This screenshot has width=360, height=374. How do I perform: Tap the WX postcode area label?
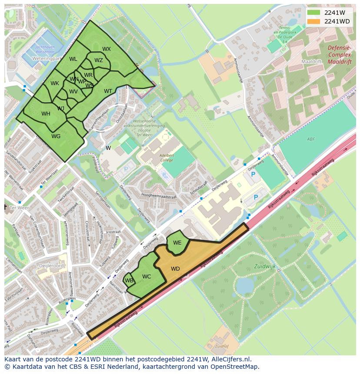pyautogui.click(x=107, y=49)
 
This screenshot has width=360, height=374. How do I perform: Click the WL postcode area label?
pyautogui.click(x=73, y=59)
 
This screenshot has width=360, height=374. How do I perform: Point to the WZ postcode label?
pyautogui.click(x=99, y=60)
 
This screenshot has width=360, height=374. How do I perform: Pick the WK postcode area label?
pyautogui.click(x=54, y=83)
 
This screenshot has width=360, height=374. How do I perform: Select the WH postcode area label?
pyautogui.click(x=46, y=114)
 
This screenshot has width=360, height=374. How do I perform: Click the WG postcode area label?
pyautogui.click(x=56, y=136)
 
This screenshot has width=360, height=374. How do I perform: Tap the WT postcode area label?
pyautogui.click(x=108, y=91)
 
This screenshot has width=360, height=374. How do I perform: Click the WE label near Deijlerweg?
pyautogui.click(x=177, y=243)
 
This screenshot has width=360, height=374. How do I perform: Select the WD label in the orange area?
pyautogui.click(x=175, y=269)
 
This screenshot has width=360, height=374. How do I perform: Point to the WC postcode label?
pyautogui.click(x=147, y=277)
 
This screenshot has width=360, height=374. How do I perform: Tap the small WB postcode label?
pyautogui.click(x=129, y=281)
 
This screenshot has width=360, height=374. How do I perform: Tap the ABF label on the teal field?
pyautogui.click(x=310, y=139)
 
